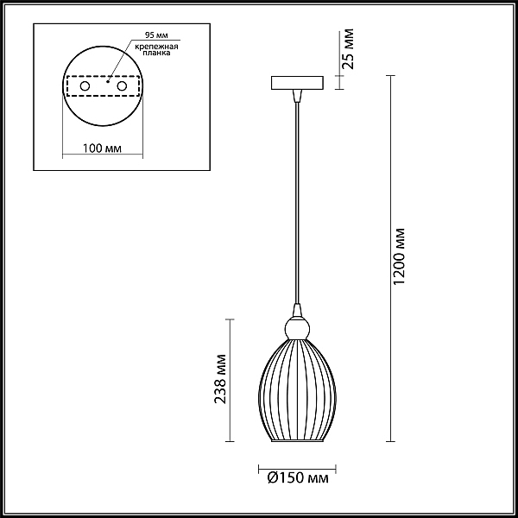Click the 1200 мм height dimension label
(x=400, y=256)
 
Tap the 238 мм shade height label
(x=220, y=379)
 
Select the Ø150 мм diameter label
(x=298, y=477)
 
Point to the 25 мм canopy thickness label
(x=348, y=49)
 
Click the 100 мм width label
(x=102, y=148)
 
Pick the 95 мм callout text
(x=156, y=35)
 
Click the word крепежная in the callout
(x=156, y=47)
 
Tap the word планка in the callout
(x=156, y=53)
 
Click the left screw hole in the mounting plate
(x=85, y=86)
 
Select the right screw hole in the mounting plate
(x=122, y=86)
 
